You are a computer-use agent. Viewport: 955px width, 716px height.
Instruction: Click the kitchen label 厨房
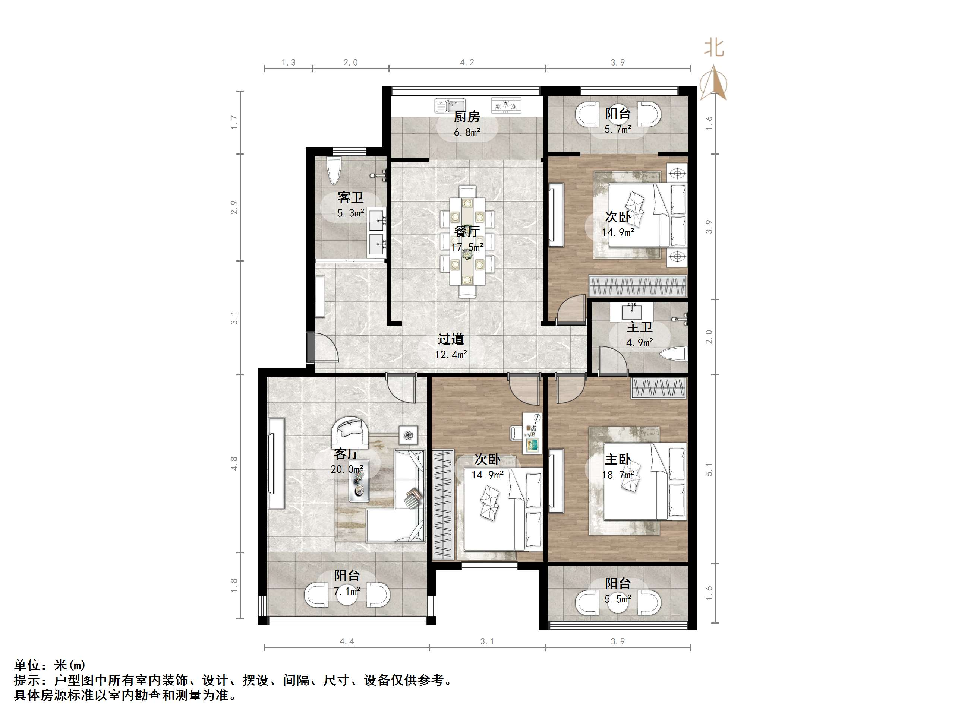pos(467,117)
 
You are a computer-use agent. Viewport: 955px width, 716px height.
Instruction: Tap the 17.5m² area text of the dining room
pos(467,247)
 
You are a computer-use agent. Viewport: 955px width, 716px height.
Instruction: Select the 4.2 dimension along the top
pos(467,62)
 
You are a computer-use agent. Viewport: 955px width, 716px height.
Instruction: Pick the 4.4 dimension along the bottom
pos(347,641)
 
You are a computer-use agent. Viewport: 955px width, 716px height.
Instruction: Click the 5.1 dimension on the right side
pos(709,469)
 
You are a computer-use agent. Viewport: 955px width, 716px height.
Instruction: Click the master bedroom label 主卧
pos(618,459)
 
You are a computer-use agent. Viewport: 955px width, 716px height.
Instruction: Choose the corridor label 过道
pos(451,339)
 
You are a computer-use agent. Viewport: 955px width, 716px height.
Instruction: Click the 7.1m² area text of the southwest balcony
pos(347,590)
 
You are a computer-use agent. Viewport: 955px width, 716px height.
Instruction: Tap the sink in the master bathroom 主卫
pos(633,311)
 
